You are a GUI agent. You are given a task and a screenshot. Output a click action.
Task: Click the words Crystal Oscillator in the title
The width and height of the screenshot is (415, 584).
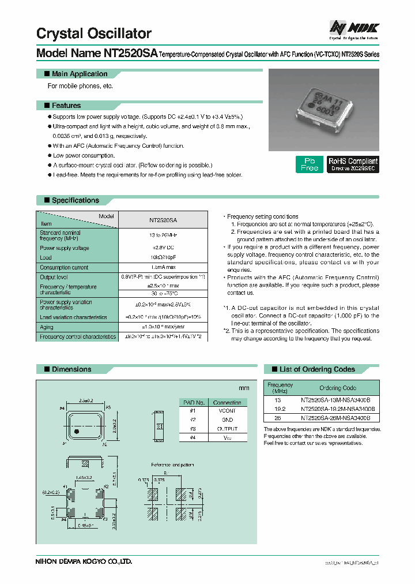pos(94,33)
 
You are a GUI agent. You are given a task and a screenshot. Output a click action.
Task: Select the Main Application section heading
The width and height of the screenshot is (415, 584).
pos(79,74)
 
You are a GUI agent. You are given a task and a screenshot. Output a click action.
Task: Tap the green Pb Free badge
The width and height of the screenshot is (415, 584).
pos(309,164)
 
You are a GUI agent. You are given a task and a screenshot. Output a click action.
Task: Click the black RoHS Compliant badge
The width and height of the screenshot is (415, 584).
pos(353,164)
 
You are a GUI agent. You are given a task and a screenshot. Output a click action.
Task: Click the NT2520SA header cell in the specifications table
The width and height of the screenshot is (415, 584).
pos(163,220)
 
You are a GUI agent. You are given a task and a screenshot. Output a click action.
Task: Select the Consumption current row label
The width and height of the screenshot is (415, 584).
pos(64,267)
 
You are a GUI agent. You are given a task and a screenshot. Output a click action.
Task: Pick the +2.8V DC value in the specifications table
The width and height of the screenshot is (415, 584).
pos(163,248)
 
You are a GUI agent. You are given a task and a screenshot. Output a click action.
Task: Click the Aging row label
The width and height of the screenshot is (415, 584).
pos(47,327)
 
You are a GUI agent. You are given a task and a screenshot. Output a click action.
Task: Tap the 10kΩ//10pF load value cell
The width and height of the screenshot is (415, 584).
pos(163,257)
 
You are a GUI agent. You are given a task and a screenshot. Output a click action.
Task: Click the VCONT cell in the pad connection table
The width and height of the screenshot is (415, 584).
pos(227,410)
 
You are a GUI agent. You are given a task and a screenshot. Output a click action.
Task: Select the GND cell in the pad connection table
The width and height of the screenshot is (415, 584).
pos(227,420)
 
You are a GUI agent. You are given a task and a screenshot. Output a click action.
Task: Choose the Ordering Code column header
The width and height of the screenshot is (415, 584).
pos(338,388)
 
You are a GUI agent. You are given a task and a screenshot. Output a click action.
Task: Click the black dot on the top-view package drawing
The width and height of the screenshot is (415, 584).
pos(78,430)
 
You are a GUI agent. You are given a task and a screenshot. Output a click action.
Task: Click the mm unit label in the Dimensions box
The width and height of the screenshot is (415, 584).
pos(243,388)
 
